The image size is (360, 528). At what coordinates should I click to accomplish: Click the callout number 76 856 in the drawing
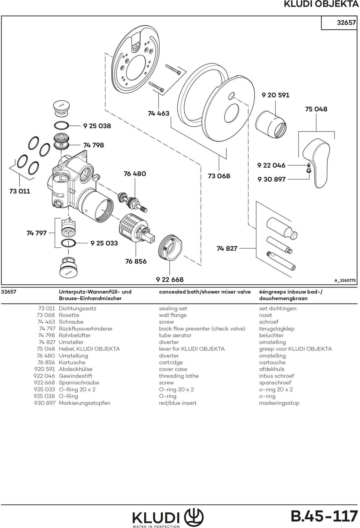coord(136,261)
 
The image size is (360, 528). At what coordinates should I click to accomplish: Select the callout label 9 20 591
coord(275,95)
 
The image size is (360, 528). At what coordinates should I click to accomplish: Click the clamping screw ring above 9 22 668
coord(169,247)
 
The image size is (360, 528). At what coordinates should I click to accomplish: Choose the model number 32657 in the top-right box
coord(346,22)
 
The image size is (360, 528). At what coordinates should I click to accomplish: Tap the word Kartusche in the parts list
coord(72,362)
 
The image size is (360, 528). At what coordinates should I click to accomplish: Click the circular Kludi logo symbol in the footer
coord(195,516)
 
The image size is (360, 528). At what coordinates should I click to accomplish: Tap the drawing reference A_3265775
coord(345,281)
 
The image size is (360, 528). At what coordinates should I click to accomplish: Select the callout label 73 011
coord(20,191)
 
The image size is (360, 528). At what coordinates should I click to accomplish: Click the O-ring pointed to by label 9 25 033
coord(69,243)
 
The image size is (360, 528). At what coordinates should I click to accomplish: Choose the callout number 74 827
coord(227,248)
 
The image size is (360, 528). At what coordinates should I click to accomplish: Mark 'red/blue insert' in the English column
coord(178,403)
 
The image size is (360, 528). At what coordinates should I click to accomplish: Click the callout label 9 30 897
coord(271,179)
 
